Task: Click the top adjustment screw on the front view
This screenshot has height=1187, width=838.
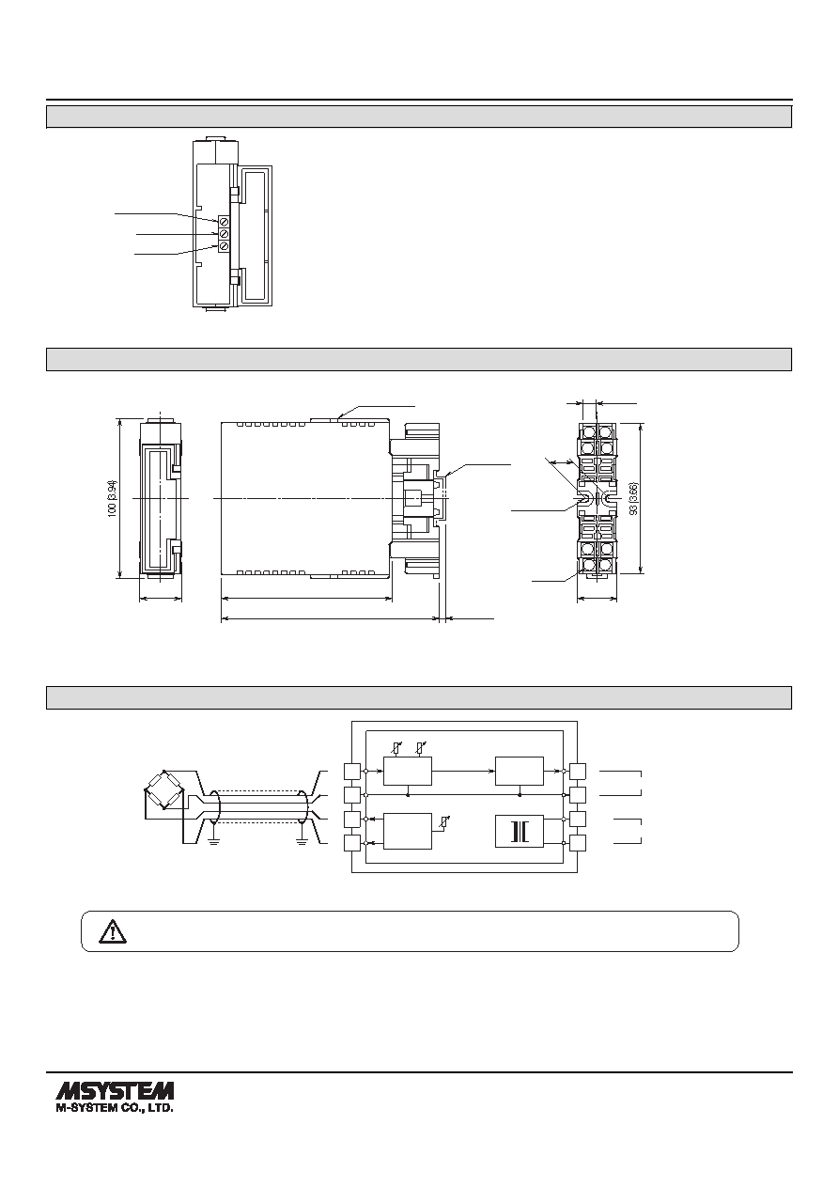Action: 224,222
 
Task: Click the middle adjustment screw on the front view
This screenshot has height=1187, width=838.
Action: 224,234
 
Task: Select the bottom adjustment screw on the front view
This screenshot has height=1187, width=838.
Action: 224,246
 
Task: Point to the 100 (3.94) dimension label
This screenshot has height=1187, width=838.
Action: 113,499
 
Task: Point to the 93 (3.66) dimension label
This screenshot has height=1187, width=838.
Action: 635,499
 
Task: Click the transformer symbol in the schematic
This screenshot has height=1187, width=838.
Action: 520,832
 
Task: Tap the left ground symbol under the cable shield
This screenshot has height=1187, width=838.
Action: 214,840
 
